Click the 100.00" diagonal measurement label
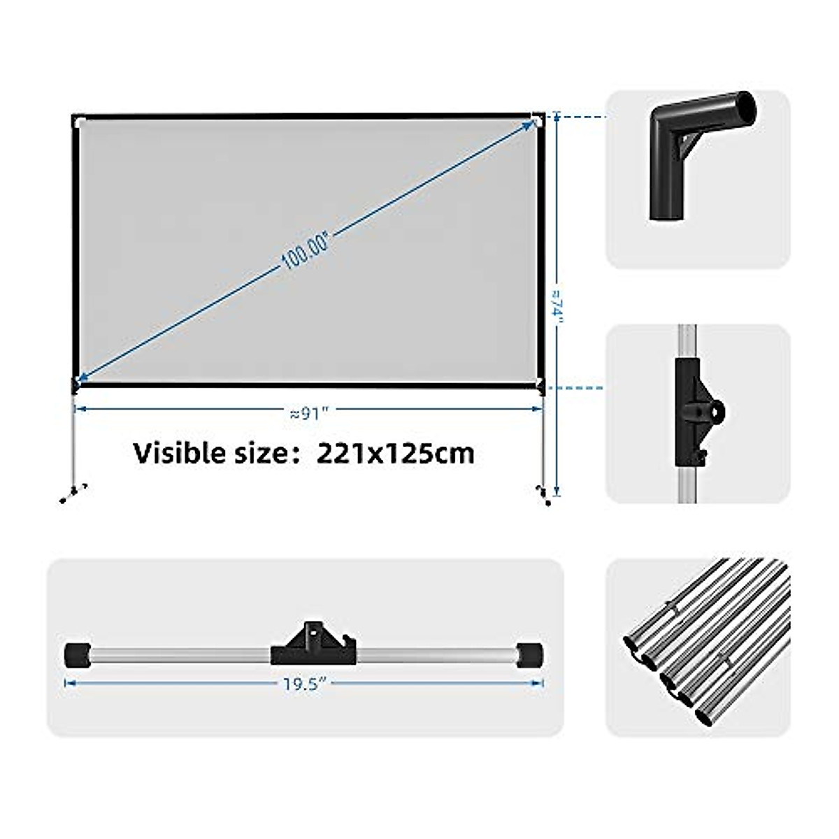pos(305,250)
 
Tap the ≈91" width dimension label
pos(308,413)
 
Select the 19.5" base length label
pos(306,684)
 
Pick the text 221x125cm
pos(396,453)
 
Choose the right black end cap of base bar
pos(531,656)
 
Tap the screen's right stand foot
pos(543,494)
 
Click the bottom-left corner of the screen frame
pos(76,382)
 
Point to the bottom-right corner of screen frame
pos(540,383)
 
